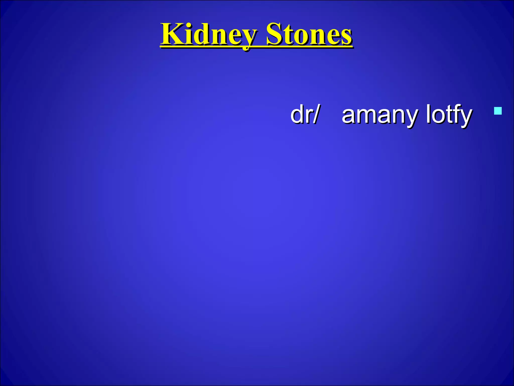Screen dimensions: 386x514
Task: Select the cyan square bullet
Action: click(498, 111)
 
